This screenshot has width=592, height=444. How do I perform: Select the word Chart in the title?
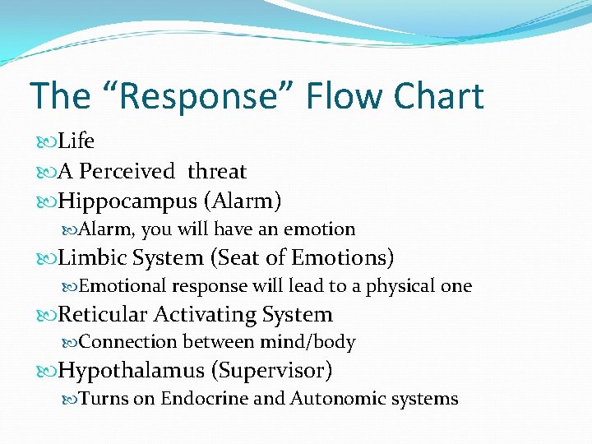[438, 97]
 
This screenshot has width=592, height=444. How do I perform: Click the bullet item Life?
[76, 141]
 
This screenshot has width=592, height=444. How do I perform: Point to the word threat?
[217, 171]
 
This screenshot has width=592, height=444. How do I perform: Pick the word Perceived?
[127, 171]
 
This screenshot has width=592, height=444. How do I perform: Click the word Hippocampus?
[127, 201]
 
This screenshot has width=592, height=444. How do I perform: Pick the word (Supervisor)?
[272, 371]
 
